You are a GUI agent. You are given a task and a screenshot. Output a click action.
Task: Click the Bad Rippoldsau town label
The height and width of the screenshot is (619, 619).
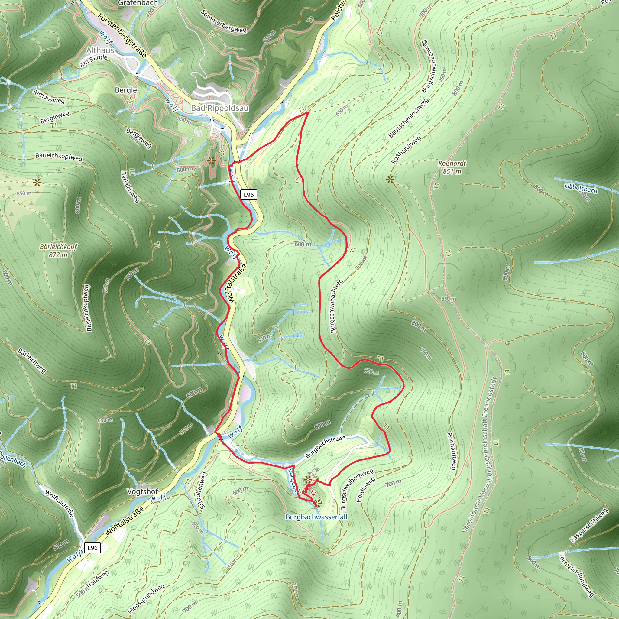220,108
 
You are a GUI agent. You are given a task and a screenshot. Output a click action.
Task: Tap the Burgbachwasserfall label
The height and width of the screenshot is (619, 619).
316,517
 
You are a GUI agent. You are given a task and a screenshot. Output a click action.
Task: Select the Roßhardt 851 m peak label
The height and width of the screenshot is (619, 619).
452,167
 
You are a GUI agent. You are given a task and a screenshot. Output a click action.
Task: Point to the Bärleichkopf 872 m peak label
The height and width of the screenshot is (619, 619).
58,251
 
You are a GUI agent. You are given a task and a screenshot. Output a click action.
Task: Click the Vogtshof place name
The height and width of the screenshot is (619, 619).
143,491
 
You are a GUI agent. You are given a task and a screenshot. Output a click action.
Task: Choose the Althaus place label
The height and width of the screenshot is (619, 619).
100,50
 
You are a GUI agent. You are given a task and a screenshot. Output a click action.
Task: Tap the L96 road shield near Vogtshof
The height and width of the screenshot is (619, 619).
92,548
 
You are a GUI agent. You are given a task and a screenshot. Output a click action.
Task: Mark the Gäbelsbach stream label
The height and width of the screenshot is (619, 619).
581,188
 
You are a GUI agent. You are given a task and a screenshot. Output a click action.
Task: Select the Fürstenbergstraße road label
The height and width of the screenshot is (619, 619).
122,35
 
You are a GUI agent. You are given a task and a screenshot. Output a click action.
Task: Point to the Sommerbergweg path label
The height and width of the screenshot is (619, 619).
224,21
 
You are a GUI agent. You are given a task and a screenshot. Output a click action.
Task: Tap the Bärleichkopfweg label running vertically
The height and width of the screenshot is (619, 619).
87,308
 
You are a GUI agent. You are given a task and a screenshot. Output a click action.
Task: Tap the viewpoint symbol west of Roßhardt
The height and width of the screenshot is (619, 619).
390,180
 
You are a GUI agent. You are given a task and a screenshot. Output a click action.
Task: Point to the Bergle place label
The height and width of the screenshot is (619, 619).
126,90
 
